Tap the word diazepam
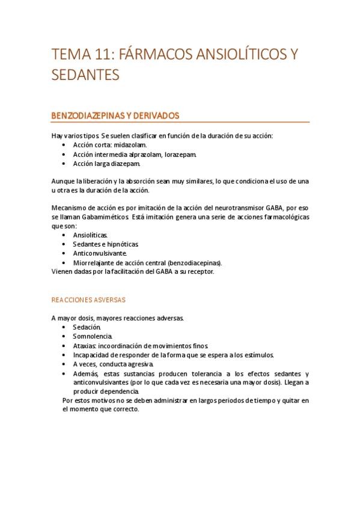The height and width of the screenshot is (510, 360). coord(127,164)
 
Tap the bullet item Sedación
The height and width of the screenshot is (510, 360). coord(86,327)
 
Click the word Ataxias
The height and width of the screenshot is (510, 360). coord(85,345)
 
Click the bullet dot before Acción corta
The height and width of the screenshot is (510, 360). coord(64,145)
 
